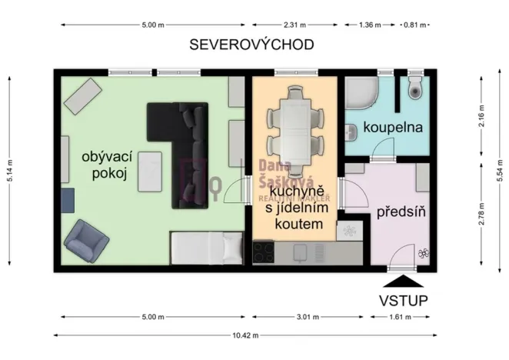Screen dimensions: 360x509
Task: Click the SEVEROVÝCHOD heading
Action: [252, 45]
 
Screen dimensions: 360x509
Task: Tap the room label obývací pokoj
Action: [105, 165]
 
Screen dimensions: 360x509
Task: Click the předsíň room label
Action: [398, 210]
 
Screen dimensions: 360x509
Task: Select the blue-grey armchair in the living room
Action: [84, 240]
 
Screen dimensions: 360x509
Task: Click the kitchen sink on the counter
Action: [302, 252]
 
